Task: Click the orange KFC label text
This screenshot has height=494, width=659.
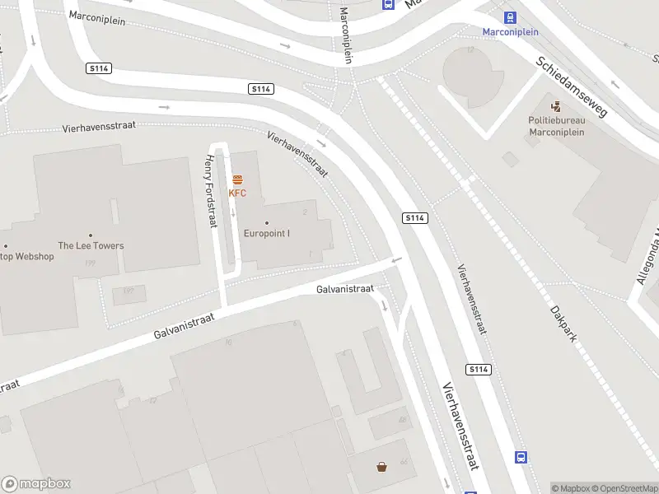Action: click(x=237, y=193)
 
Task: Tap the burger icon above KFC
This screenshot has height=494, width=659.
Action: click(x=237, y=179)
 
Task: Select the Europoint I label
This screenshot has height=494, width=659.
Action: click(x=267, y=233)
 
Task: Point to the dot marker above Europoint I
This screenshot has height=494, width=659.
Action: click(x=267, y=223)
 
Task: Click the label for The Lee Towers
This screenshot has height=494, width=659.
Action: click(x=91, y=245)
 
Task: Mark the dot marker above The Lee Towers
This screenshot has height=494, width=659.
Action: click(x=91, y=235)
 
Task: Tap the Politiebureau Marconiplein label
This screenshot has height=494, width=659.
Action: click(x=556, y=125)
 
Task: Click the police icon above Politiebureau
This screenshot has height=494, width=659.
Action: click(x=556, y=105)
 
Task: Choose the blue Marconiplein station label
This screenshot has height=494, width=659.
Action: click(x=511, y=32)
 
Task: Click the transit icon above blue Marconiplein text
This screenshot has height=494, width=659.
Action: click(x=511, y=16)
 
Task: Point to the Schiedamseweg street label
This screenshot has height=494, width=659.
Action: click(x=571, y=86)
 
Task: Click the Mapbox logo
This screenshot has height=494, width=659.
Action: click(x=36, y=484)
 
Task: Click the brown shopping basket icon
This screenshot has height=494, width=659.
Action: click(x=382, y=467)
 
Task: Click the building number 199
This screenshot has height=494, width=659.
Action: click(x=90, y=263)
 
